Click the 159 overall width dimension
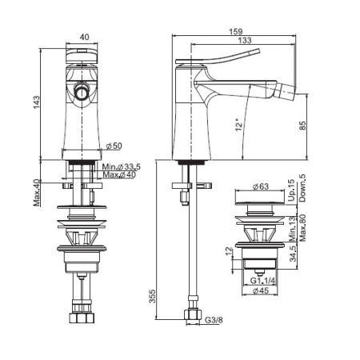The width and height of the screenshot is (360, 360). click(236, 31)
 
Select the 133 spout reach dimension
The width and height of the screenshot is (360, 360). click(245, 40)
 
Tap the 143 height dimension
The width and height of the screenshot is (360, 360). click(36, 102)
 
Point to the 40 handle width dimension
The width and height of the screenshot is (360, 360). click(84, 37)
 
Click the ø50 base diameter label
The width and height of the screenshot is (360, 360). click(114, 146)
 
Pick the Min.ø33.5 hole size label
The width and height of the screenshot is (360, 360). click(122, 167)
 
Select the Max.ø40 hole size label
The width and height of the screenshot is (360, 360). click(119, 175)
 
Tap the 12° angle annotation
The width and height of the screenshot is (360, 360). click(239, 125)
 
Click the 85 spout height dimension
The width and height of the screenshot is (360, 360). click(302, 126)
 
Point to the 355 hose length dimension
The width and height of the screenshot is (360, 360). click(152, 296)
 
